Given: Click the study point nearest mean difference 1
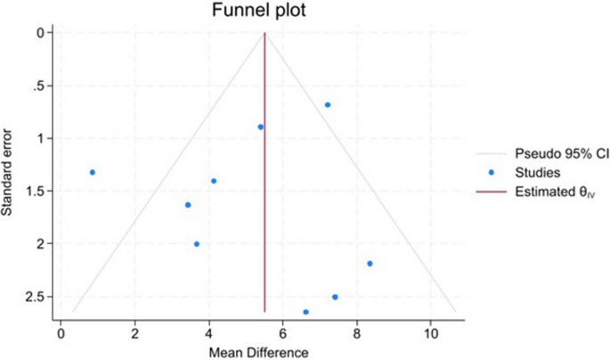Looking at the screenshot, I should (x=92, y=172).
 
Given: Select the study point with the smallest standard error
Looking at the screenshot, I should (x=328, y=105).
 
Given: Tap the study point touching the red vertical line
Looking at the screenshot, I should (x=260, y=127).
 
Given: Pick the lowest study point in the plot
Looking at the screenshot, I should (x=305, y=312).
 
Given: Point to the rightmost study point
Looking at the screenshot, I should (x=370, y=264).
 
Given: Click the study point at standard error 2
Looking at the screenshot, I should (x=197, y=244).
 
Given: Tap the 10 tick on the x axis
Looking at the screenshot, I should (x=431, y=334).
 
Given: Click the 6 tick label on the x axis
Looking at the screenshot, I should (x=282, y=334).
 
